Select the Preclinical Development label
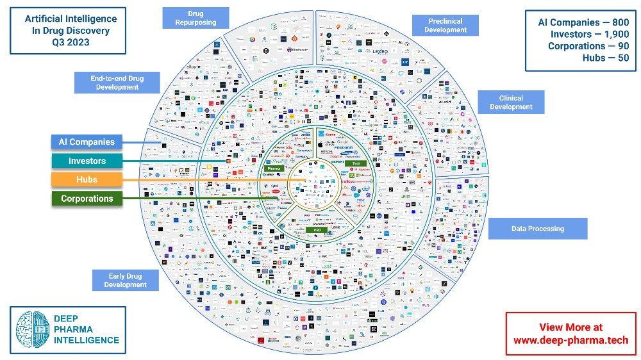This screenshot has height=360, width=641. [445, 26]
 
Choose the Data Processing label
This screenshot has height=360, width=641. [537, 228]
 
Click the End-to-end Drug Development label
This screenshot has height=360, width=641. [117, 83]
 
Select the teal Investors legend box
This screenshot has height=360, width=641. [87, 161]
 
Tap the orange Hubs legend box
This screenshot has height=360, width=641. [87, 180]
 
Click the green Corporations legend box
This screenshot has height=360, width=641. [87, 199]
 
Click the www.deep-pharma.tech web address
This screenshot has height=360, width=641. [570, 340]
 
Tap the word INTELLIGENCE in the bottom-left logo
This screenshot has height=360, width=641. [87, 340]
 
